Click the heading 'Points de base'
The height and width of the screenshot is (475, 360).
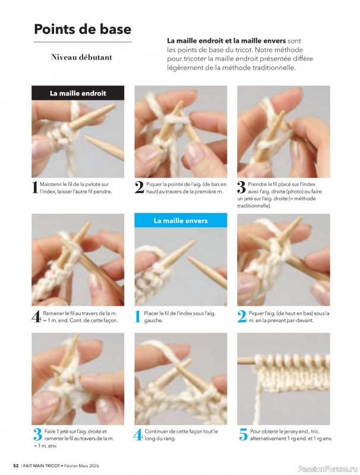coord(83,29)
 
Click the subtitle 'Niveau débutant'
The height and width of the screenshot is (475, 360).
coord(81,57)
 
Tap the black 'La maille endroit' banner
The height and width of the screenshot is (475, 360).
coord(78,93)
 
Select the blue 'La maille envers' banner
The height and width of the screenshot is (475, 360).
coord(181,220)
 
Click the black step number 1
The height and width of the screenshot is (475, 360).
coord(35,188)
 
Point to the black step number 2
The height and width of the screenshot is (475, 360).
coord(139,188)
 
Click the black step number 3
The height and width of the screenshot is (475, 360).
coord(241,188)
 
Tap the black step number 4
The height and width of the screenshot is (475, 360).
coord(36,316)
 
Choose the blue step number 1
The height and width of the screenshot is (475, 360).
coord(138,316)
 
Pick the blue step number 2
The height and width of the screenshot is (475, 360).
coord(242,316)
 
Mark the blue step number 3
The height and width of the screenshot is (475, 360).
coord(37,435)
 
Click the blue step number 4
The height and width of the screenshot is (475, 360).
coord(138,435)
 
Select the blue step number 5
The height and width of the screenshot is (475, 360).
coord(244,435)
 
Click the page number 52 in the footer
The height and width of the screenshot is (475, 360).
coord(16,465)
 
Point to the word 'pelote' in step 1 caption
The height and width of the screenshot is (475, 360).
coord(93,184)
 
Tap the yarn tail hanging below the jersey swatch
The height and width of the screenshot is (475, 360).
coord(258,397)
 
